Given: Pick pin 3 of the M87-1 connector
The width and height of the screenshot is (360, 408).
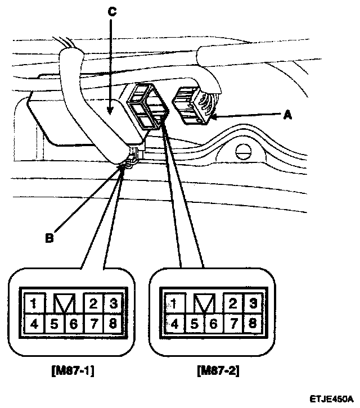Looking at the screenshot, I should click(x=112, y=304).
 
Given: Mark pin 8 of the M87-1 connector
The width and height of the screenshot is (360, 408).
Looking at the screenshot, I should click(x=112, y=323).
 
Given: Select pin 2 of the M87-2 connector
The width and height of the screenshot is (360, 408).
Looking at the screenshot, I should click(x=234, y=304).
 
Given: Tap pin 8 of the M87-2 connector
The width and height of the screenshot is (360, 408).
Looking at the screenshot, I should click(x=253, y=323).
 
